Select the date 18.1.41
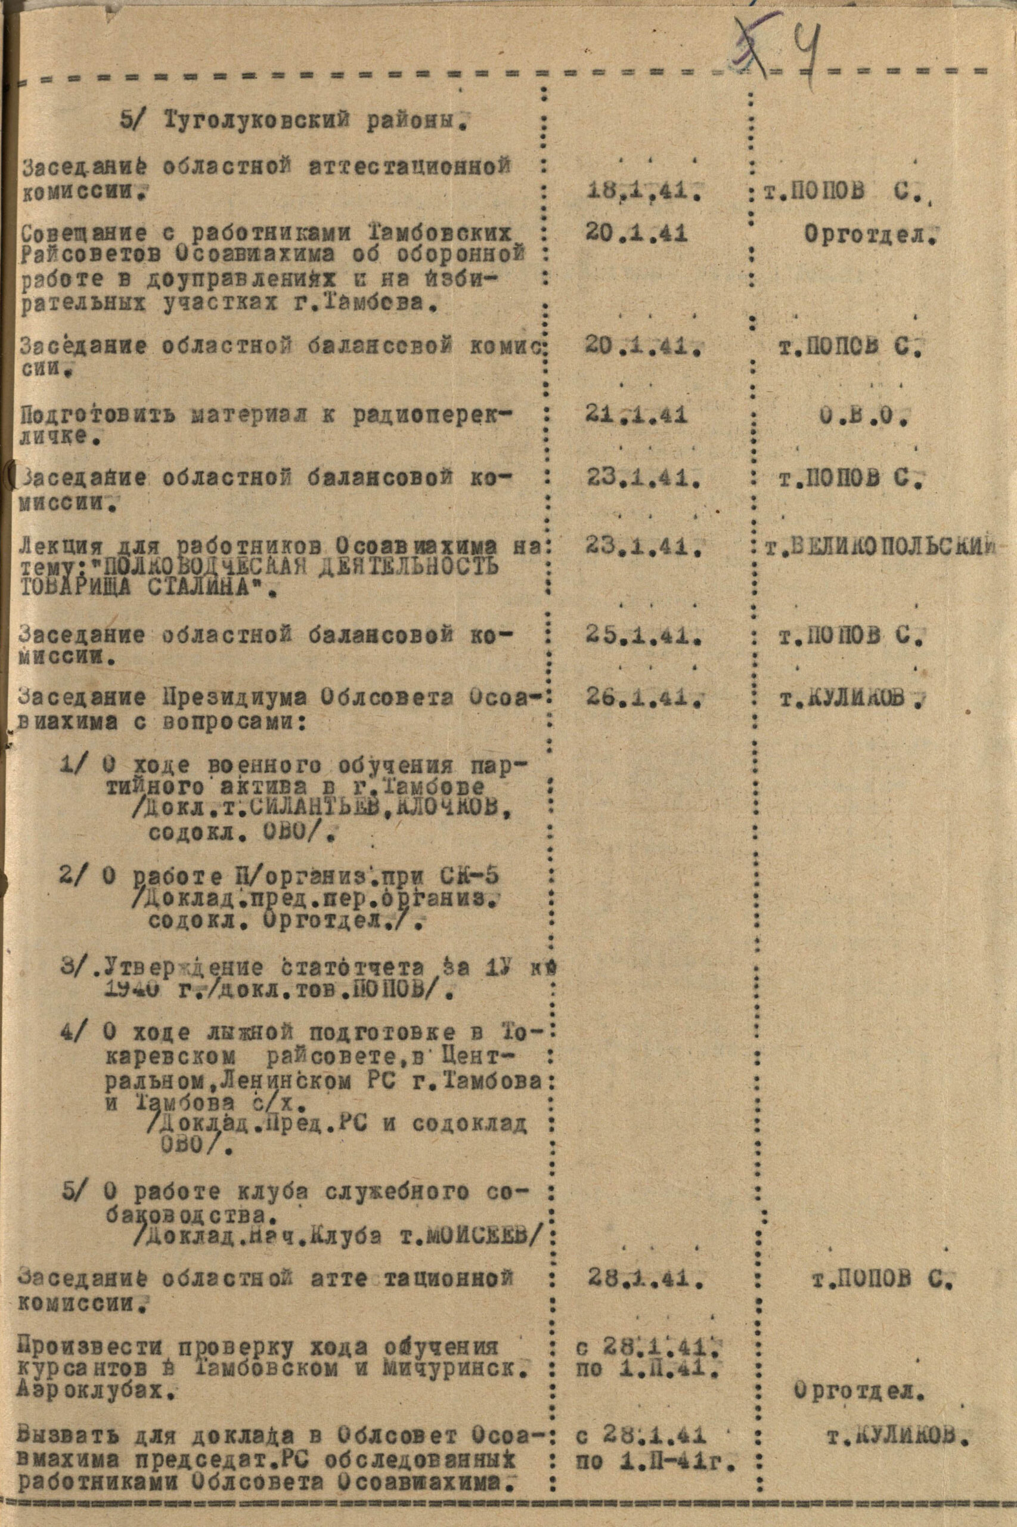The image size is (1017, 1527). (643, 191)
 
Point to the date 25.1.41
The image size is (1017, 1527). (643, 636)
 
